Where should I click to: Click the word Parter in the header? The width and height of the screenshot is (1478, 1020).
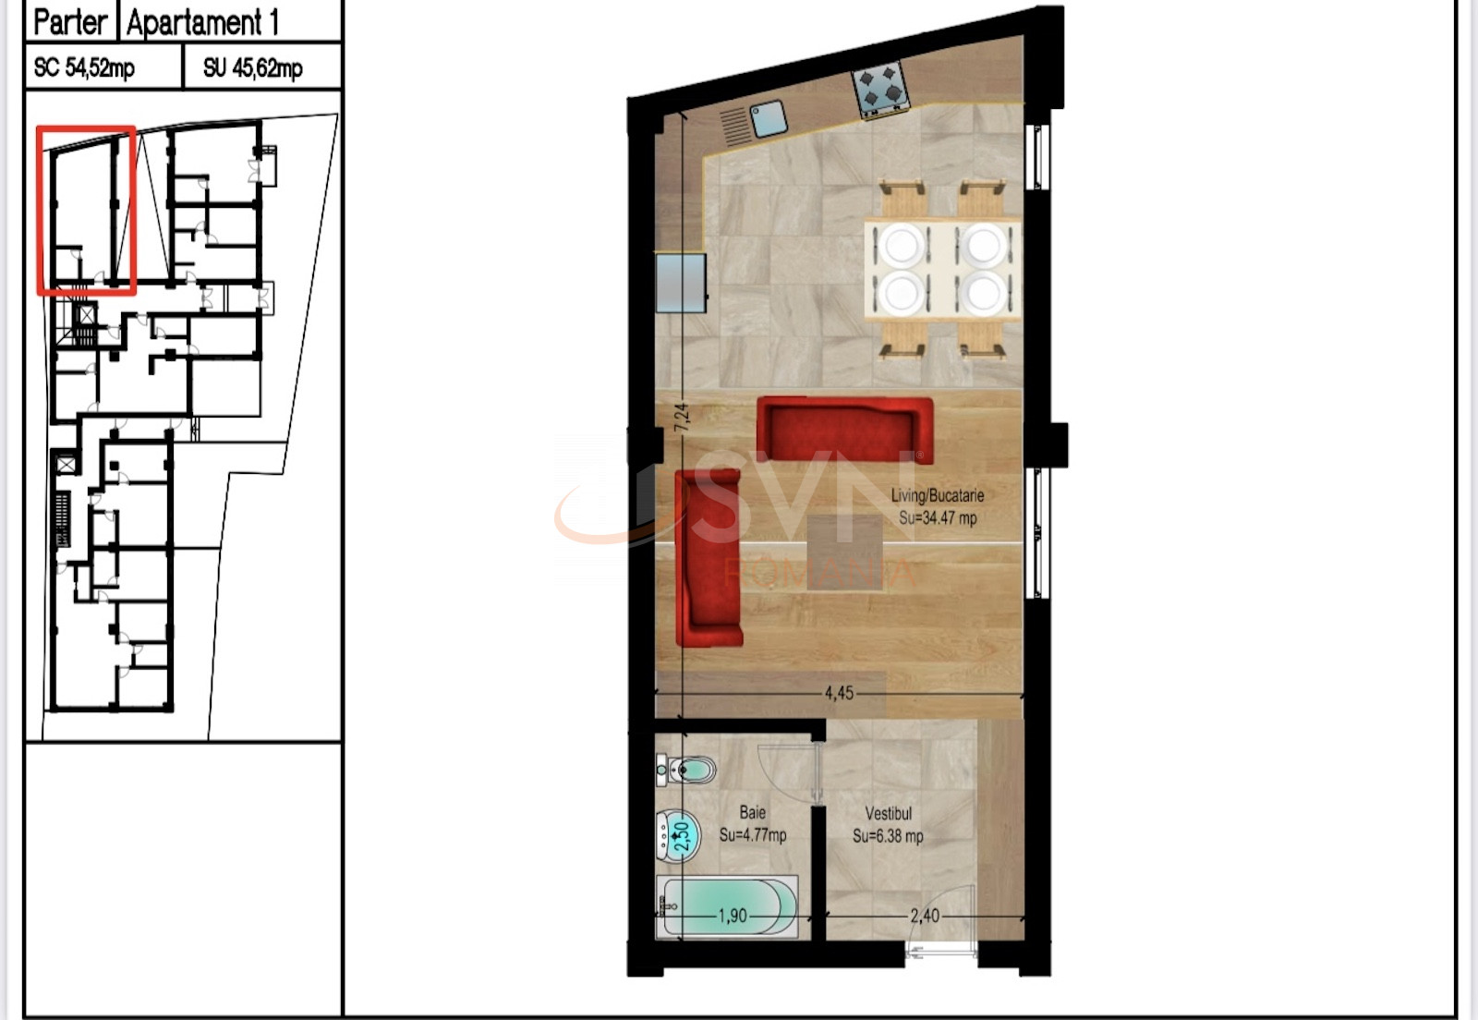point(70,22)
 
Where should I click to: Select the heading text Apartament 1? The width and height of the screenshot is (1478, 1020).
point(202,22)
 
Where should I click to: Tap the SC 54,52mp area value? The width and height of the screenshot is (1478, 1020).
point(84,67)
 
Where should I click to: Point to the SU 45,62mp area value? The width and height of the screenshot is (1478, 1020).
point(253,67)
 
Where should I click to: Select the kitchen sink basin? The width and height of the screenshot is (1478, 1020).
point(769,119)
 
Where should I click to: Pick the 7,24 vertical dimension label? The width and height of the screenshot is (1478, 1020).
point(682,418)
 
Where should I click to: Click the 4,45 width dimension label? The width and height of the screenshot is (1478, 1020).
point(839,694)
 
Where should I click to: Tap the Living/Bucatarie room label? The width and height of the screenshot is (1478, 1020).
point(937,495)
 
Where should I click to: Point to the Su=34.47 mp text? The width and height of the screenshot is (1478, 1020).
point(938,518)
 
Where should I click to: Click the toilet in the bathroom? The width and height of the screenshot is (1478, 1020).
point(685,770)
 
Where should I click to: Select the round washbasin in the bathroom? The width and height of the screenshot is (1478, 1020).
point(678,836)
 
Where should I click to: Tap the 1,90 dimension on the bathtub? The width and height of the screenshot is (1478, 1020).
point(733,916)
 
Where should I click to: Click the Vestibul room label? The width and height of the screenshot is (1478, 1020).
point(888,813)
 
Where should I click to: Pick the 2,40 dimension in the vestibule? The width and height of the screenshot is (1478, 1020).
point(925,916)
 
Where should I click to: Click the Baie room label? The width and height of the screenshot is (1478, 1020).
point(752,812)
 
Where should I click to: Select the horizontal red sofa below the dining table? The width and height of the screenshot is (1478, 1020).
point(844,429)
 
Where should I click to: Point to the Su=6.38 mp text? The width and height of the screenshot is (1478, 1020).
point(888,836)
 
